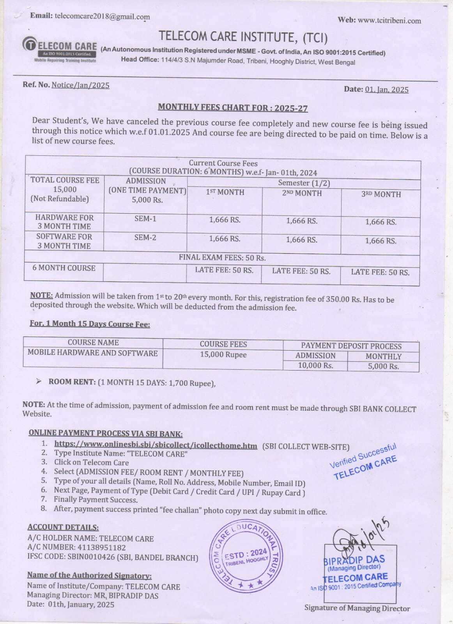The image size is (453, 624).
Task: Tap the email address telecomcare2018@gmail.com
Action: [x=102, y=16]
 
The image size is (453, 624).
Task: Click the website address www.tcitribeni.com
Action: [x=389, y=21]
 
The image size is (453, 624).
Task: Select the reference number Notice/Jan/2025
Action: [x=80, y=85]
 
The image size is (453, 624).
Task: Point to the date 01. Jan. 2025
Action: [x=387, y=89]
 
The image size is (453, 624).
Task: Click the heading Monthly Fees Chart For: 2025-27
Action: [x=233, y=108]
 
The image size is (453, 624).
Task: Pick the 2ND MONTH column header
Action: [x=302, y=193]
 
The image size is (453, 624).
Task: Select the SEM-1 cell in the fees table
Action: [x=145, y=219]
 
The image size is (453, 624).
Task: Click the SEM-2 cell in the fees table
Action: [x=145, y=237]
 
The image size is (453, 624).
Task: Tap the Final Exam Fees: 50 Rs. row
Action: [x=222, y=258]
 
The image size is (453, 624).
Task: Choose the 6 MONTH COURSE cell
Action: [x=64, y=268]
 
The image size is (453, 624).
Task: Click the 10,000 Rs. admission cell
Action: [x=315, y=365]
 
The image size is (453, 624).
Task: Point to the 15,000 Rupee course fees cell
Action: [x=223, y=355]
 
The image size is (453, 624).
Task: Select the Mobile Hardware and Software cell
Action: [x=92, y=353]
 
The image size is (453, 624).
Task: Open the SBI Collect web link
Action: [x=156, y=445]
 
